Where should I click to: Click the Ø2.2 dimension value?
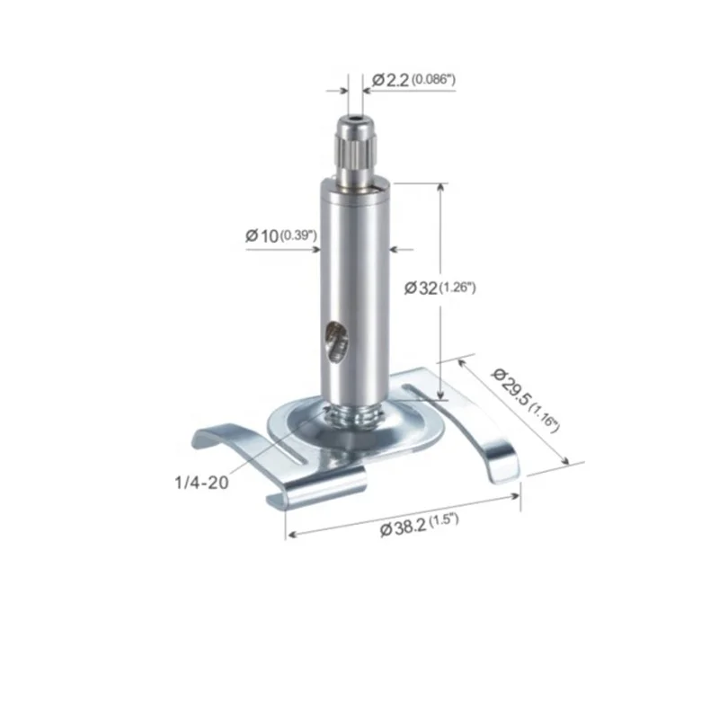[x=390, y=80]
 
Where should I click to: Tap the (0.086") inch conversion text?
[x=433, y=79]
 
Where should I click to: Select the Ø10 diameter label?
[x=262, y=236]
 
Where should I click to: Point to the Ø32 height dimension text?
[x=421, y=288]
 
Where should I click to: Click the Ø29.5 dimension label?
[x=510, y=386]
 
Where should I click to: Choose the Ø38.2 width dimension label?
[x=404, y=528]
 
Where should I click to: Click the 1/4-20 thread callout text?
[x=201, y=483]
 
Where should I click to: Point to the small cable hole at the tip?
[x=355, y=120]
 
